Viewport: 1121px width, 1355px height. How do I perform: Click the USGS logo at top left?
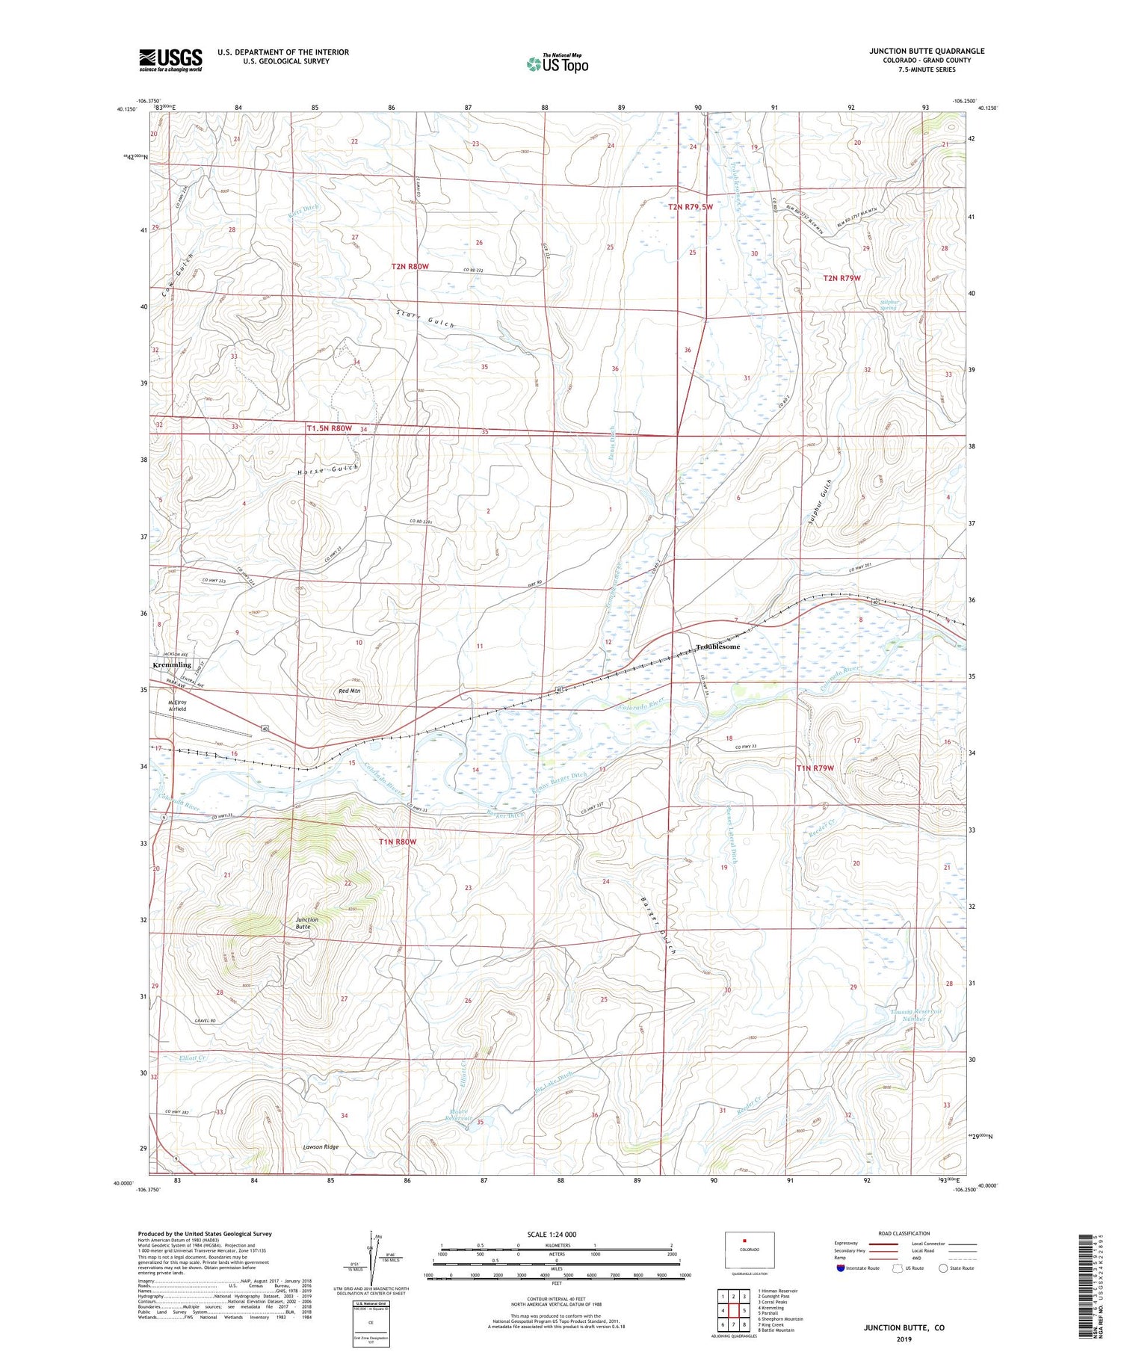coord(170,60)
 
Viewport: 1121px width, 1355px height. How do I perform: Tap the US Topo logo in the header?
coord(558,64)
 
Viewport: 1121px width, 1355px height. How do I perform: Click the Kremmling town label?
coord(172,664)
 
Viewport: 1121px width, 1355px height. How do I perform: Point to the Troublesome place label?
coord(717,646)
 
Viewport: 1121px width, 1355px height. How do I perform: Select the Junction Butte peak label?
coord(306,923)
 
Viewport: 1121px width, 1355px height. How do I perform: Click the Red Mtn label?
coord(349,691)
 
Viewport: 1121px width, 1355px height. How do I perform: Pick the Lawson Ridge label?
coord(321,1146)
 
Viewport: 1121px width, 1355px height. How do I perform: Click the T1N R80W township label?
coord(397,842)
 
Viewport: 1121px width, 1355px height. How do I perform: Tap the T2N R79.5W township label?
coord(696,207)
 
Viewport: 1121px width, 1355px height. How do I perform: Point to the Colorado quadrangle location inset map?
coord(749,1250)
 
